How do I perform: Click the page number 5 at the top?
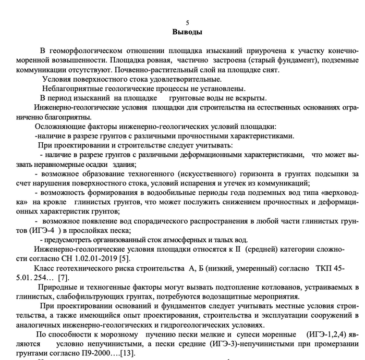pos(188,22)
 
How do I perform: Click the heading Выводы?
pos(187,31)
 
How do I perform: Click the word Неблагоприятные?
pos(70,89)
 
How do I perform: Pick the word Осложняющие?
pos(56,127)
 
